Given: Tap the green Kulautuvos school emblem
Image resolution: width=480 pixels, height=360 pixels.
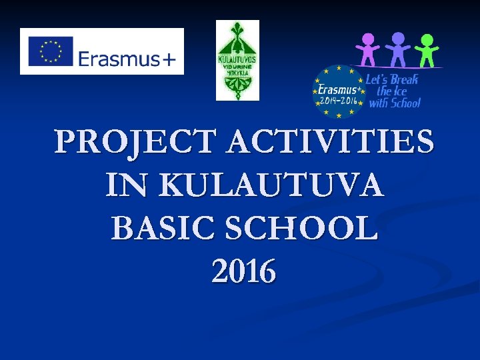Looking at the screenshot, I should (x=237, y=60).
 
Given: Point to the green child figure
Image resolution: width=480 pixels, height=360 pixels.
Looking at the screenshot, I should (x=427, y=51).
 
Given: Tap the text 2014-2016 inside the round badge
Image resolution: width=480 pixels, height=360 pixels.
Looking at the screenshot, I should (x=339, y=101).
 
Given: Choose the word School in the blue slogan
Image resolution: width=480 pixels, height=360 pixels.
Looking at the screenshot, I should (x=405, y=103).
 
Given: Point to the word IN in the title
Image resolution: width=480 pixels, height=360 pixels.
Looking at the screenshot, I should (x=123, y=185).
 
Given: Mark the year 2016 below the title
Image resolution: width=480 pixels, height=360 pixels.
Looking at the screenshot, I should (x=243, y=271).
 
